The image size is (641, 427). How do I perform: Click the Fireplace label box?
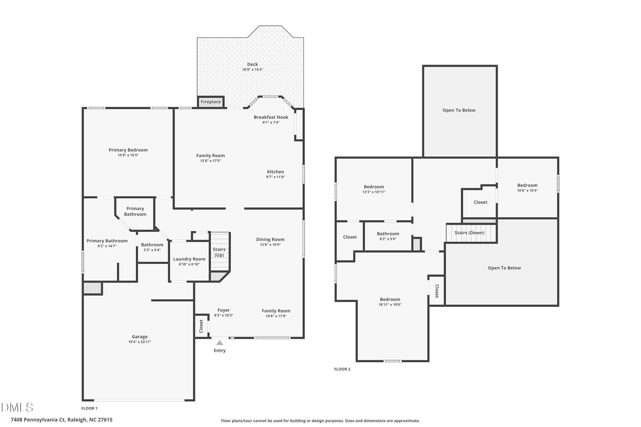pyautogui.click(x=211, y=102)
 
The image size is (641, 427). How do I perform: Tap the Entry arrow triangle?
pyautogui.click(x=220, y=343)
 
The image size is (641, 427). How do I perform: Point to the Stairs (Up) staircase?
pyautogui.click(x=220, y=252)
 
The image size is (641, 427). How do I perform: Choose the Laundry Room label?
pyautogui.click(x=189, y=259)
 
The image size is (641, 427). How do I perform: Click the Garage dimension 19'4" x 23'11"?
pyautogui.click(x=140, y=342)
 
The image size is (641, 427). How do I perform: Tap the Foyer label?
pyautogui.click(x=223, y=310)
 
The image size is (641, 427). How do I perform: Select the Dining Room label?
pyautogui.click(x=270, y=240)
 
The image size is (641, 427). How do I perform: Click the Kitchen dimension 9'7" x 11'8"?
pyautogui.click(x=275, y=177)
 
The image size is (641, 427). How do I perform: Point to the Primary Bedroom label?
pyautogui.click(x=128, y=150)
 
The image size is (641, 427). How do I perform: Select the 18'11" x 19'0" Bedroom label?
pyautogui.click(x=390, y=300)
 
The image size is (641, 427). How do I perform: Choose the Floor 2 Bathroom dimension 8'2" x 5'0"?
pyautogui.click(x=388, y=239)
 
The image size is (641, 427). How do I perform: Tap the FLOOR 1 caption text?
pyautogui.click(x=89, y=408)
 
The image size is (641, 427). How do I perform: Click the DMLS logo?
pyautogui.click(x=17, y=407)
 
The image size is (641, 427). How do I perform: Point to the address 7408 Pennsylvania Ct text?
pyautogui.click(x=61, y=420)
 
